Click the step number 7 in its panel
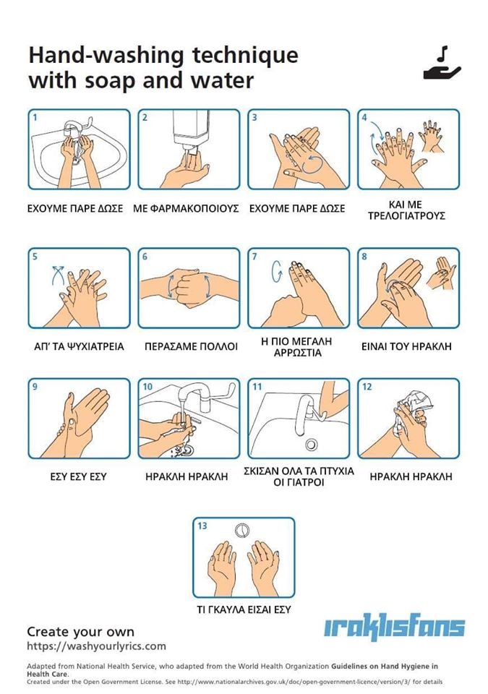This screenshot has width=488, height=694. click(x=254, y=257)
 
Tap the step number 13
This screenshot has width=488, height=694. click(x=202, y=526)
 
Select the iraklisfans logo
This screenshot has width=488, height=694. click(x=394, y=627)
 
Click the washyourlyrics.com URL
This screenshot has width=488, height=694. click(x=97, y=646)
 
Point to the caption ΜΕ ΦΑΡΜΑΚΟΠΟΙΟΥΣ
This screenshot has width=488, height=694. click(x=186, y=208)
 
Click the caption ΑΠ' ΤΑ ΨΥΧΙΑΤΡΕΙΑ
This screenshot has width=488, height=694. click(x=79, y=346)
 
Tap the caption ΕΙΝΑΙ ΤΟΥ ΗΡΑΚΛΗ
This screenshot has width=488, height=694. click(x=406, y=346)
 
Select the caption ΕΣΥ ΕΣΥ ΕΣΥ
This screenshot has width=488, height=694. click(x=78, y=476)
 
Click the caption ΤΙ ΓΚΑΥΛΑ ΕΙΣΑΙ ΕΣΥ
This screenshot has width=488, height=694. click(x=244, y=609)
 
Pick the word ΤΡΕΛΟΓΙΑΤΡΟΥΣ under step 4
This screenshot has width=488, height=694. click(x=406, y=216)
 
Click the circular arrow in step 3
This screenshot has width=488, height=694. click(x=316, y=164)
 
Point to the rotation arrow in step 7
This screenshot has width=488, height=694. click(x=277, y=271)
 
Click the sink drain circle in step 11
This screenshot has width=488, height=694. click(x=312, y=443)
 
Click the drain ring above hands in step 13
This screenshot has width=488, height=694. click(x=241, y=531)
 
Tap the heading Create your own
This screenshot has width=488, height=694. click(x=80, y=632)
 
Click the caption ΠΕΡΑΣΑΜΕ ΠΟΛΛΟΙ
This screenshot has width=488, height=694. click(x=191, y=346)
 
